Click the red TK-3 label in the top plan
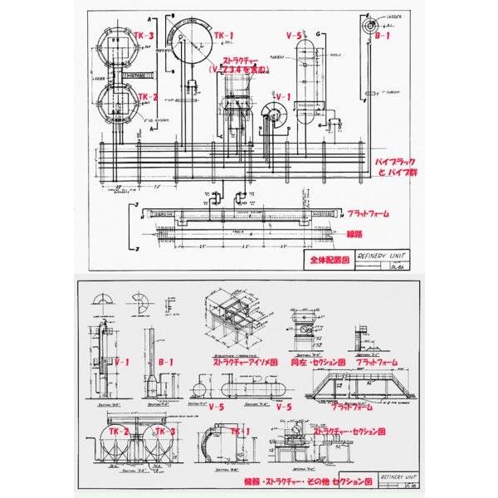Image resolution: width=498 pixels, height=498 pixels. (143, 36)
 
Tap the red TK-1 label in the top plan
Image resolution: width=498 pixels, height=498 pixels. (224, 36)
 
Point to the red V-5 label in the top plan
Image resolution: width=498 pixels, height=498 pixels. (293, 36)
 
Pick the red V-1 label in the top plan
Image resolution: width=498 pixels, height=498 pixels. (282, 96)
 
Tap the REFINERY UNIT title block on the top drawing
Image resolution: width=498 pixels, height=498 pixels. (382, 257)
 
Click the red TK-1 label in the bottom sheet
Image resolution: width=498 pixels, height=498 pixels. (239, 432)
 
